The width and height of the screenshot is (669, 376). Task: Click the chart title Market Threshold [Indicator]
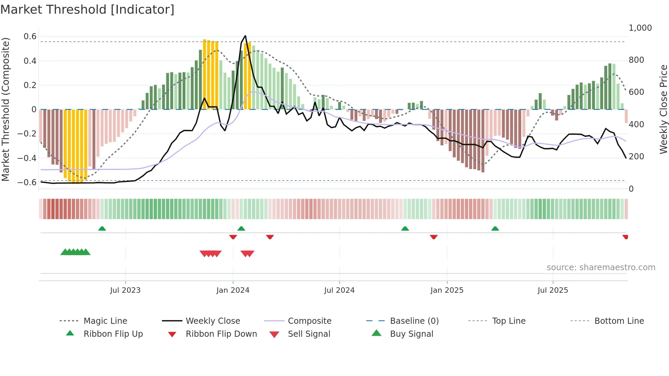point(87,10)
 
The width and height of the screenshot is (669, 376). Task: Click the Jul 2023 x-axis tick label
point(125,290)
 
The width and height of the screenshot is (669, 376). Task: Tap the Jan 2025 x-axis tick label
point(447,290)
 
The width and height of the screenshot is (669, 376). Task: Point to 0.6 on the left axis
point(30,37)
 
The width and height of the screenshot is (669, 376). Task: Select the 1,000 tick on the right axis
point(640,28)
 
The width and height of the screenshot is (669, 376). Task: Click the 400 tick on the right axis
point(636,124)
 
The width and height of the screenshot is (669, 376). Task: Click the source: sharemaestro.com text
point(601,267)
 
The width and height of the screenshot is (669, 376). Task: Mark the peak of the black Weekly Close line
point(245,36)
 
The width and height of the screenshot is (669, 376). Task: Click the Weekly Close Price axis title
point(663,109)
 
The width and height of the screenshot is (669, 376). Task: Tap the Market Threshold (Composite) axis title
point(5,109)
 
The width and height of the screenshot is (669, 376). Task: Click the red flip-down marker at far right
point(625,237)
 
